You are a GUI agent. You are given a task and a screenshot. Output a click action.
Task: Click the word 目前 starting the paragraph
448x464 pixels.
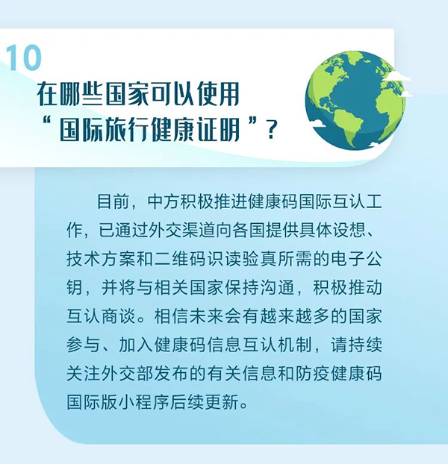point(108,202)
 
